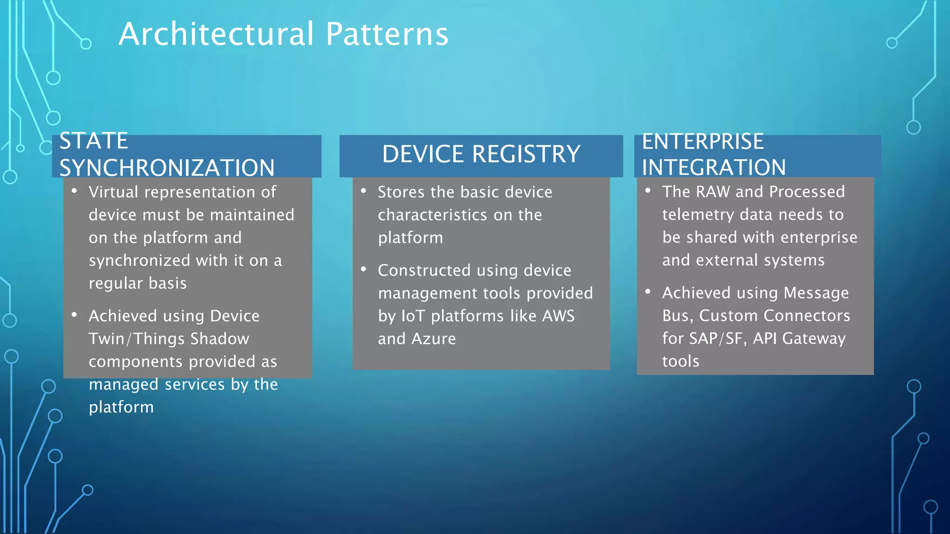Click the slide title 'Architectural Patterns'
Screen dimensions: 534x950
pyautogui.click(x=283, y=34)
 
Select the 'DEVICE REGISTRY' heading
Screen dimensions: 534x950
pyautogui.click(x=481, y=154)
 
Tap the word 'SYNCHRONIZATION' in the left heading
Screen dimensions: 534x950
pyautogui.click(x=167, y=168)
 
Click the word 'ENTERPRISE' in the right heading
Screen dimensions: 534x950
pyautogui.click(x=703, y=142)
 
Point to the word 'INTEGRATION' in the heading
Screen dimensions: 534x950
pyautogui.click(x=714, y=167)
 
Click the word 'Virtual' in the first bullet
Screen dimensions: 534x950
pyautogui.click(x=113, y=192)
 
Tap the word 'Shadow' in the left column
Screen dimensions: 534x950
pyautogui.click(x=220, y=339)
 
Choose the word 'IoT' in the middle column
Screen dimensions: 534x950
pyautogui.click(x=413, y=316)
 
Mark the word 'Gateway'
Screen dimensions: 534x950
pyautogui.click(x=814, y=339)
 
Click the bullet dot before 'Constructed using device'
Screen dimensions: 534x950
pyautogui.click(x=364, y=269)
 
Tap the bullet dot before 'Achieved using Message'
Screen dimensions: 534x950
pyautogui.click(x=648, y=292)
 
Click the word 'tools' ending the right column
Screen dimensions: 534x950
pyautogui.click(x=680, y=361)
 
